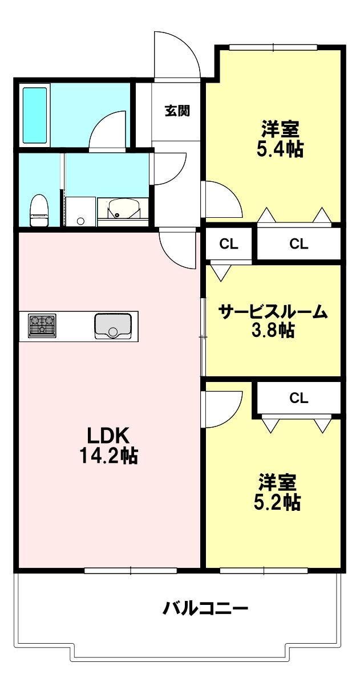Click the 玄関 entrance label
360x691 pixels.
click(177, 111)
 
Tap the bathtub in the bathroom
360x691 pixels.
click(35, 116)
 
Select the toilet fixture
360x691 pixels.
click(39, 210)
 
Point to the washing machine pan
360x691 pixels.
click(80, 212)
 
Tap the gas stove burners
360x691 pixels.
click(42, 326)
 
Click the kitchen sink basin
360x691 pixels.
click(113, 326)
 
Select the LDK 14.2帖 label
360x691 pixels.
click(108, 445)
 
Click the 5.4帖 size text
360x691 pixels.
click(280, 149)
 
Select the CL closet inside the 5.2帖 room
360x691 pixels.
click(298, 399)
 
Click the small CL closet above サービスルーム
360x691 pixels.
click(229, 244)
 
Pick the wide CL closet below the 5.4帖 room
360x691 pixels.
click(299, 244)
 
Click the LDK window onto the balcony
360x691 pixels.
click(131, 571)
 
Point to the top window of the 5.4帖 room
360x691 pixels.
click(273, 47)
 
